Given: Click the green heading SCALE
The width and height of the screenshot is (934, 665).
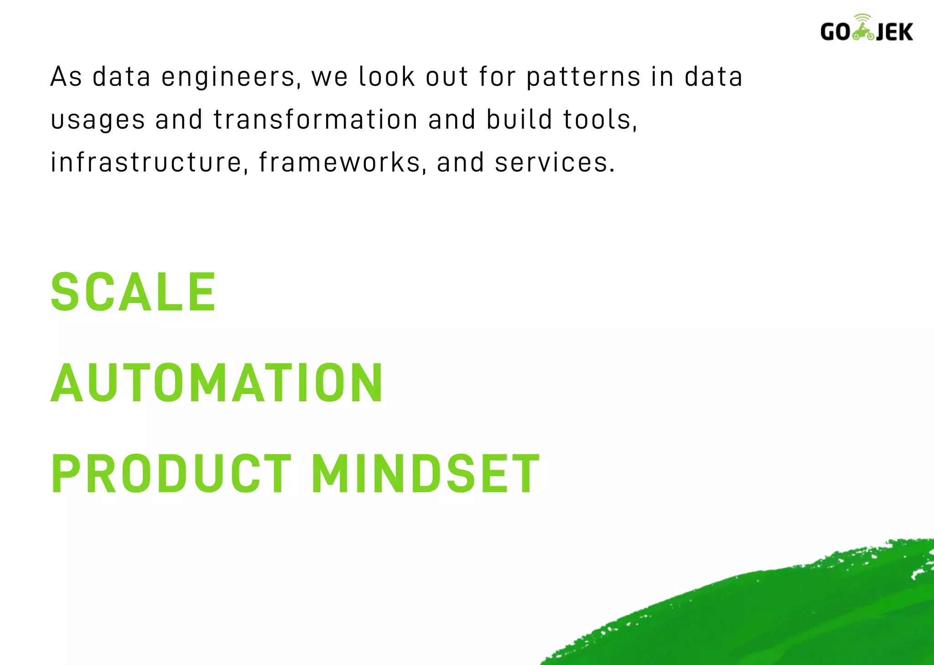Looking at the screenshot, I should pyautogui.click(x=133, y=292).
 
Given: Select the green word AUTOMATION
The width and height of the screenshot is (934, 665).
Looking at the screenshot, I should pyautogui.click(x=217, y=383).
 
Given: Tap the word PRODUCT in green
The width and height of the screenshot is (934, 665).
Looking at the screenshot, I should pyautogui.click(x=171, y=474).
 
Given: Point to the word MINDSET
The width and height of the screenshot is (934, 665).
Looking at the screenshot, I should pyautogui.click(x=425, y=474).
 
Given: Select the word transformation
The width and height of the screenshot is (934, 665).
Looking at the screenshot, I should pyautogui.click(x=316, y=120).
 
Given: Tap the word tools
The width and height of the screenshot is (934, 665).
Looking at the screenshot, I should pyautogui.click(x=599, y=120).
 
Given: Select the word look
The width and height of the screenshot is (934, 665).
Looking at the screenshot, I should pyautogui.click(x=387, y=77).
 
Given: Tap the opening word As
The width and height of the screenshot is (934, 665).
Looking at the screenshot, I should pyautogui.click(x=66, y=77).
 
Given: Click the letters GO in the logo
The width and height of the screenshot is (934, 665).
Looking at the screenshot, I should pyautogui.click(x=835, y=32).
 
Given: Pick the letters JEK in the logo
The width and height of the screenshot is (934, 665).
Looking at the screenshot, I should pyautogui.click(x=894, y=32).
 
